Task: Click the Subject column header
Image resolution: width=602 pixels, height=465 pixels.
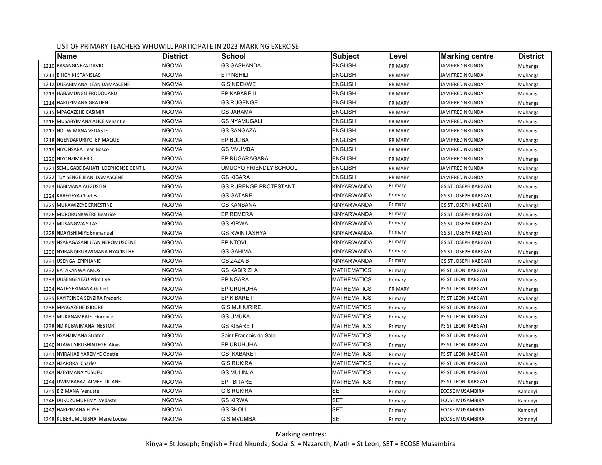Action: [x=346, y=56]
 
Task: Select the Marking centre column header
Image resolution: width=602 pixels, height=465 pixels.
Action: [x=467, y=56]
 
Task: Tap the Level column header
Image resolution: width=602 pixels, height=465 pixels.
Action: [x=398, y=56]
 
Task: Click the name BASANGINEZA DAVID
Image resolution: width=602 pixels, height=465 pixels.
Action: [x=80, y=66]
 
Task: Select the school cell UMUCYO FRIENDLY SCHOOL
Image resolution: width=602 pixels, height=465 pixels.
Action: [x=259, y=168]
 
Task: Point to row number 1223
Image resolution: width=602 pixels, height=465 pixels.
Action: [x=49, y=187]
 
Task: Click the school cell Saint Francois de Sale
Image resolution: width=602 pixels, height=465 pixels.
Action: [x=248, y=336]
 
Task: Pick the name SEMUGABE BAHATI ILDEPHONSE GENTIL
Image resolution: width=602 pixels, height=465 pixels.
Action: [x=101, y=168]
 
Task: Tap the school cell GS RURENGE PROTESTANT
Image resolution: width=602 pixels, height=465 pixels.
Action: [x=258, y=187]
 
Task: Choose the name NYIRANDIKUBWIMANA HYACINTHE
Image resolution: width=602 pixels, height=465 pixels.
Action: [x=95, y=252]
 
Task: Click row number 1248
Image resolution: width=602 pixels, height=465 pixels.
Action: [x=49, y=419]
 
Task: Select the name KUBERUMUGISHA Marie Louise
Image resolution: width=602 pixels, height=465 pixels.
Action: [x=92, y=419]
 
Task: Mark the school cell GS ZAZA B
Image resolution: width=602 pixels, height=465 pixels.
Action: [x=235, y=261]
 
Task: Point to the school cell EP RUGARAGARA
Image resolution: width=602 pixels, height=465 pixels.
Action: [x=244, y=159]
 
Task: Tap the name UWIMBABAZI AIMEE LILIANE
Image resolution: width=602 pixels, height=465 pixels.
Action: [x=89, y=382]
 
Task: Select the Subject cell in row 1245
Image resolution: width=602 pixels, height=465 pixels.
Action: [x=338, y=391]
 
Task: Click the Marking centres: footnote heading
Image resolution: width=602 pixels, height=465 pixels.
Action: [x=301, y=434]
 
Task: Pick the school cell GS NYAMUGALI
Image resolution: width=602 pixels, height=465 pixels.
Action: [x=241, y=121]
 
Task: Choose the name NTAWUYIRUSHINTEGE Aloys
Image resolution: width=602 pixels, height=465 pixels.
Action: [x=88, y=345]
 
